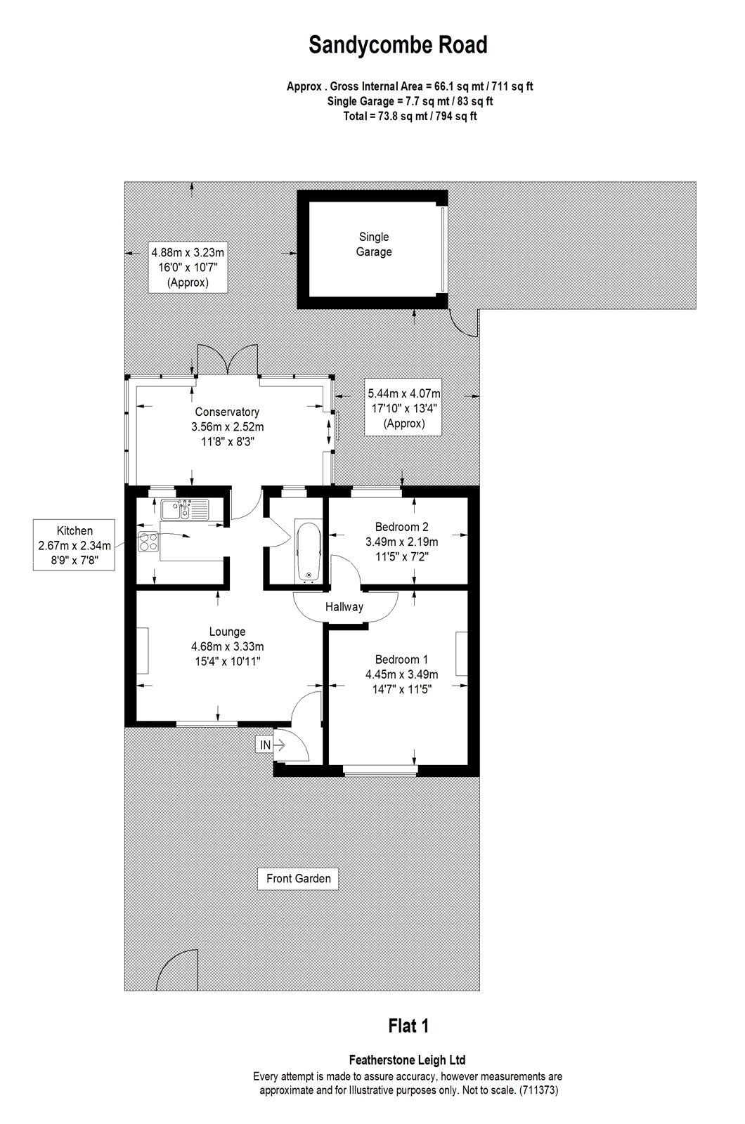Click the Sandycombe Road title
tap(398, 45)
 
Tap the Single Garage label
tap(373, 244)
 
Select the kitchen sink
tap(184, 509)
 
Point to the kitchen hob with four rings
tap(148, 542)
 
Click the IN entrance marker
tap(266, 745)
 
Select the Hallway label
tap(344, 607)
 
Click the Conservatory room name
tap(227, 412)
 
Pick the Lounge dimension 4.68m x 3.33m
tap(228, 647)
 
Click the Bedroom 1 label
tap(401, 660)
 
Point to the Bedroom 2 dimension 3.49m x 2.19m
tap(401, 542)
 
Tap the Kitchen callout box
tap(74, 545)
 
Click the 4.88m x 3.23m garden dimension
tap(188, 252)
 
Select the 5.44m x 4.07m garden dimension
tap(404, 393)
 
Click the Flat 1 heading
tap(408, 1026)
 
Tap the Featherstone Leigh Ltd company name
tap(407, 1060)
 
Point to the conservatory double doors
tap(228, 360)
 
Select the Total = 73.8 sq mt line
tap(410, 117)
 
